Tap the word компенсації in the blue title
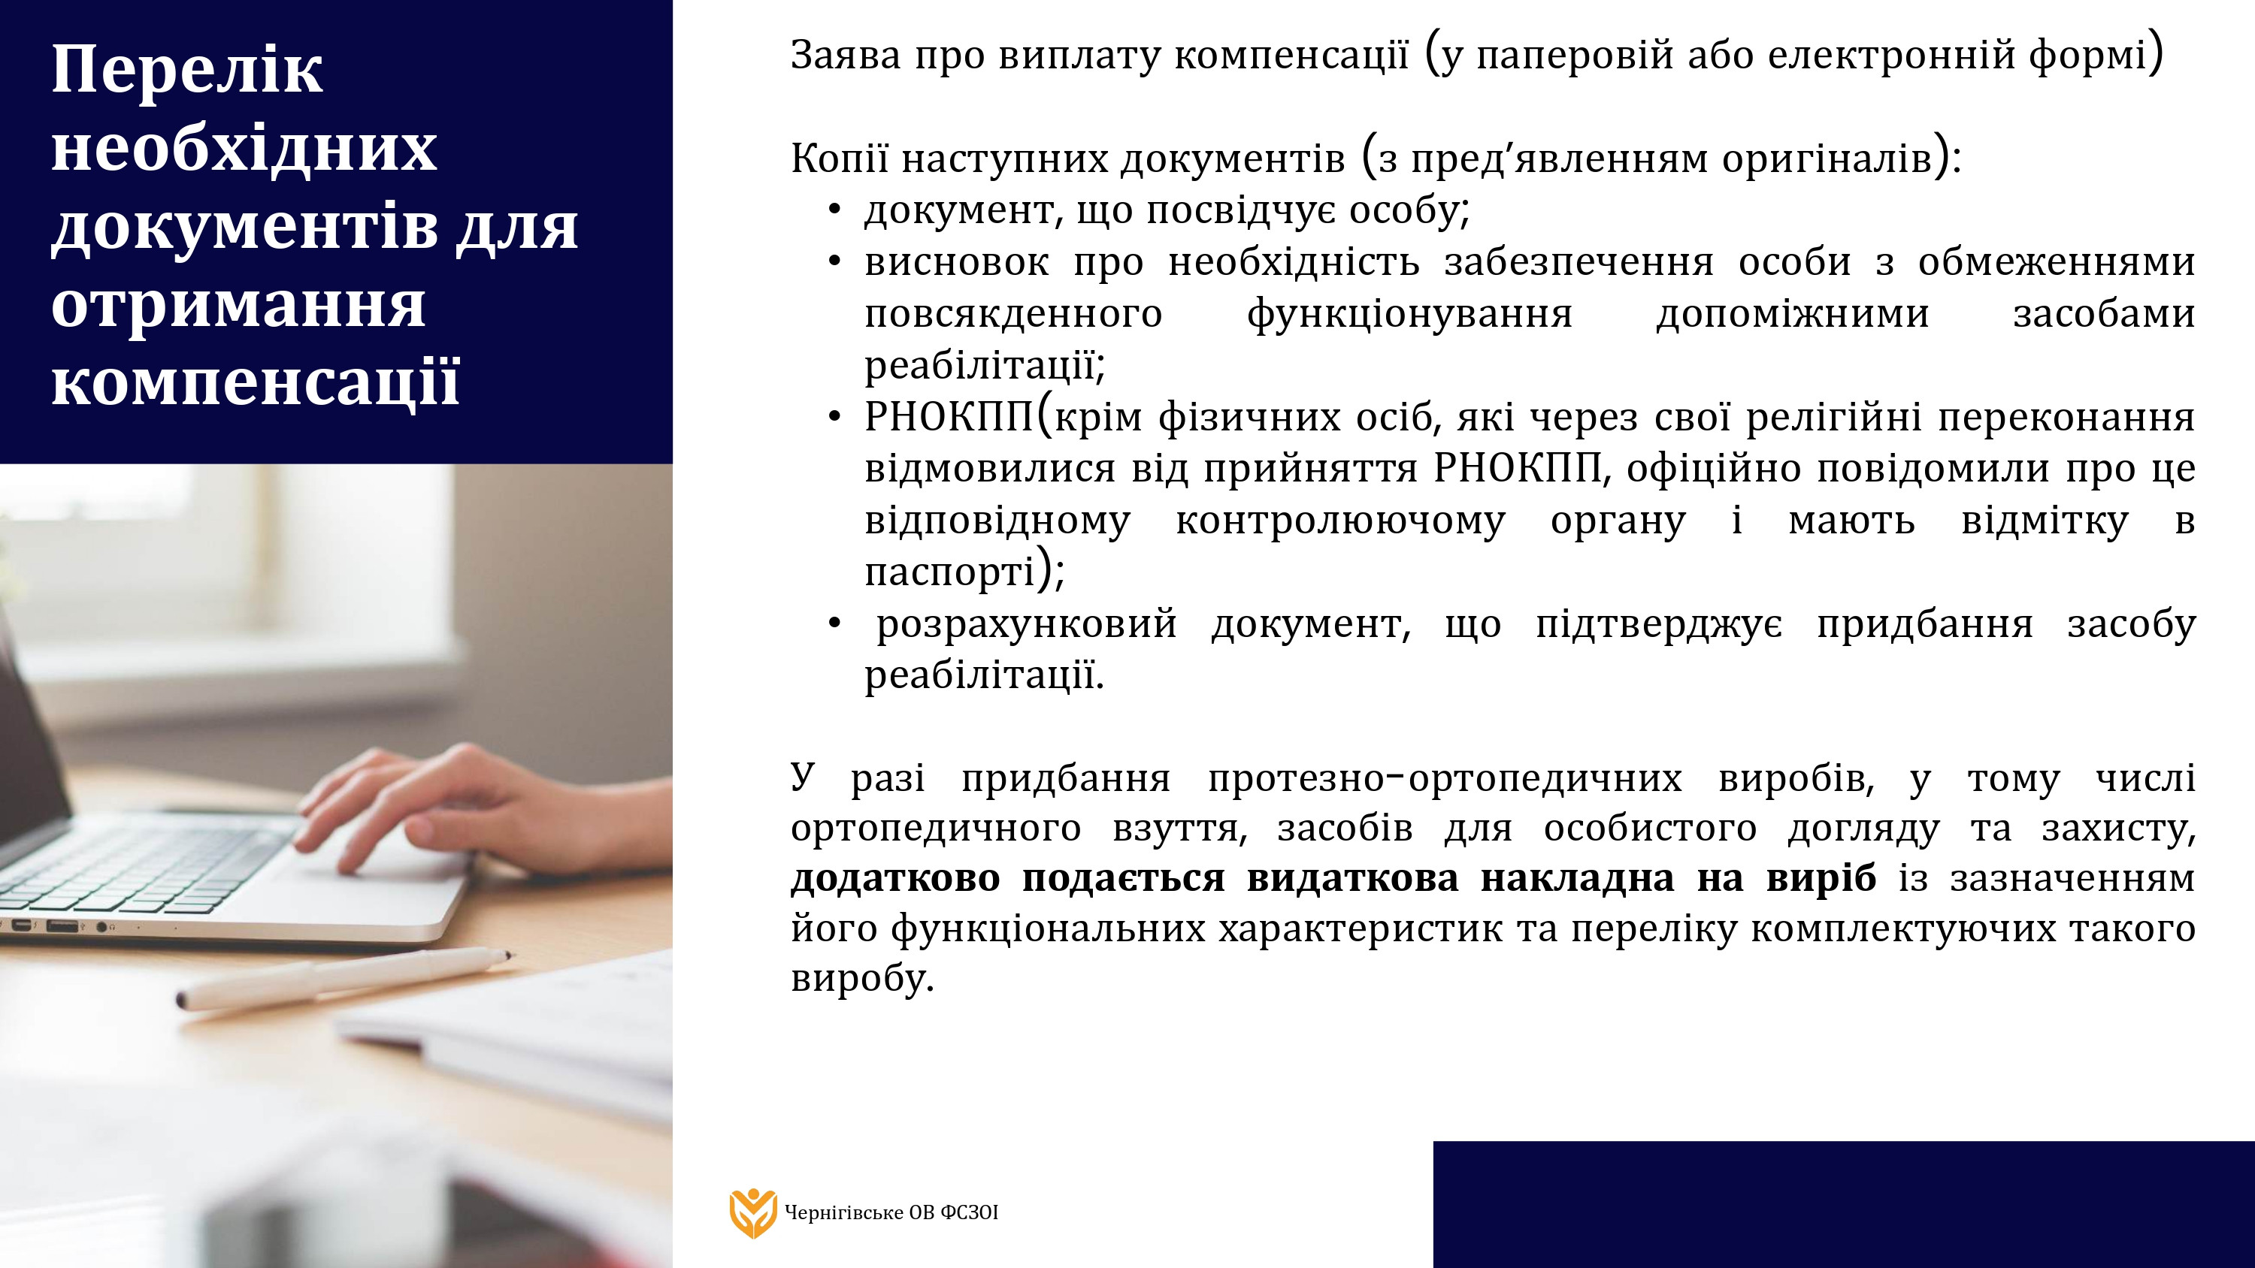click(x=256, y=383)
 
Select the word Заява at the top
click(x=846, y=55)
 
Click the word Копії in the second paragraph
click(x=840, y=158)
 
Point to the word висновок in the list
click(x=957, y=261)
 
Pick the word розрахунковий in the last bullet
click(x=1027, y=624)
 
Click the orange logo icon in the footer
click(x=753, y=1213)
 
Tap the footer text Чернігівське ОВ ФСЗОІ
click(x=891, y=1213)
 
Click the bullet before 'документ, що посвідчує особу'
click(x=834, y=210)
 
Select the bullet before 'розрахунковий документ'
click(x=834, y=624)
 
